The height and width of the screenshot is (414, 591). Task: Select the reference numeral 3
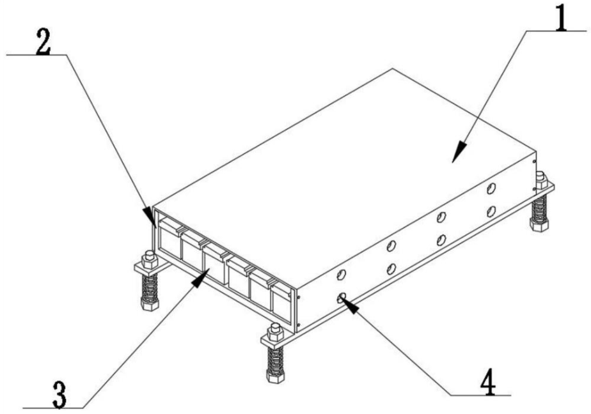point(59,395)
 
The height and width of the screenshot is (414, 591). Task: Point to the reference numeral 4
point(489,382)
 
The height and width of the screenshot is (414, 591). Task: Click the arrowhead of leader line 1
point(459,152)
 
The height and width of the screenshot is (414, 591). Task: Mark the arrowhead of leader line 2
point(149,217)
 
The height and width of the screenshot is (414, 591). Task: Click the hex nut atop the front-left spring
point(149,259)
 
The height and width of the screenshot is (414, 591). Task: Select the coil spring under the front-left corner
point(150,287)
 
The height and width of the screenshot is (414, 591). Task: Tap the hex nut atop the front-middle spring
point(275,332)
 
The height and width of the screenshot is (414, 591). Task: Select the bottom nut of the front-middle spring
point(275,376)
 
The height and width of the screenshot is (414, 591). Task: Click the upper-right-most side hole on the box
point(491,188)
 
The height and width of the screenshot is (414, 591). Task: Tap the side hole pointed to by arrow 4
point(342,298)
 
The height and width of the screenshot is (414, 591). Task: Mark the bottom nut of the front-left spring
point(150,303)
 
